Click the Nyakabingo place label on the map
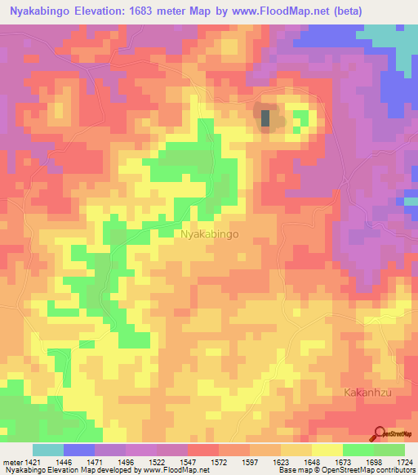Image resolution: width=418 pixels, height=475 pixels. point(209,234)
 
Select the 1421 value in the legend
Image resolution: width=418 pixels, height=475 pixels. point(33,461)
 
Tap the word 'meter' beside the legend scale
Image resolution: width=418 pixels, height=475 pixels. point(12,461)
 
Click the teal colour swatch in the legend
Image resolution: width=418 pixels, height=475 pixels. point(48,450)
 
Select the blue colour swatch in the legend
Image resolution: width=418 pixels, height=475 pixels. point(79,450)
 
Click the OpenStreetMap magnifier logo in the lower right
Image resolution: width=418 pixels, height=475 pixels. point(381,435)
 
